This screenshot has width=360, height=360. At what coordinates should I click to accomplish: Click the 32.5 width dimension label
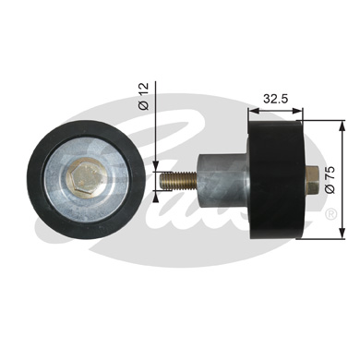click(x=275, y=99)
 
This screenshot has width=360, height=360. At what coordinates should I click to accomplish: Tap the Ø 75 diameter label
click(x=330, y=180)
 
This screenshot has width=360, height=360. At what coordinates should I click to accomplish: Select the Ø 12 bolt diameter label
click(x=143, y=96)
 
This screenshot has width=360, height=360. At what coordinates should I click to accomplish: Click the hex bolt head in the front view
click(x=86, y=177)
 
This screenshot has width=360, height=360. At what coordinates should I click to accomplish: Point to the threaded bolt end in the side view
click(x=178, y=180)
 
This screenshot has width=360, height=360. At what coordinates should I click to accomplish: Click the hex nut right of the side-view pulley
click(x=312, y=180)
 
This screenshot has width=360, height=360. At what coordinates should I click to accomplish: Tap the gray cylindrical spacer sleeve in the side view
click(x=222, y=181)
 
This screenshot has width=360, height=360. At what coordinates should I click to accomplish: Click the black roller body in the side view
click(x=276, y=180)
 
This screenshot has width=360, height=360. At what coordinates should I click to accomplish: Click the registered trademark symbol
click(x=331, y=214)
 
